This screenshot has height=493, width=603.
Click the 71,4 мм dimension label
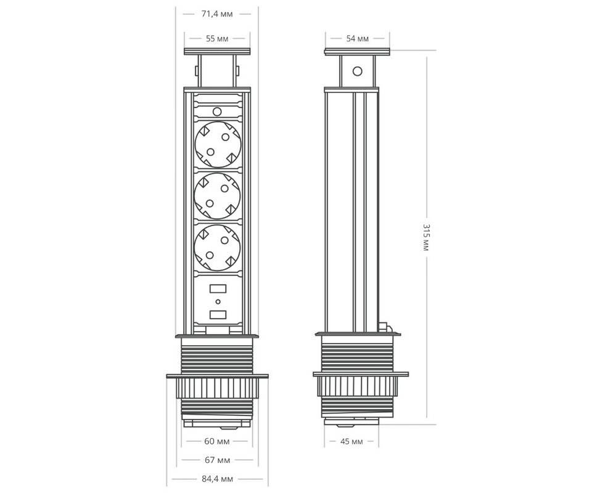pos(217,14)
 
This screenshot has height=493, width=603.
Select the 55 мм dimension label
pos(217,39)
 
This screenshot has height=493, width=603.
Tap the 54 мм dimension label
pos(357,39)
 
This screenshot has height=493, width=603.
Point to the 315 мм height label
pos(426,237)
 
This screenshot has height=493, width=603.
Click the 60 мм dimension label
pos(217,441)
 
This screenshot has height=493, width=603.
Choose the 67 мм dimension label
pos(217,460)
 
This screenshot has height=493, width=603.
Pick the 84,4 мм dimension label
pos(217,479)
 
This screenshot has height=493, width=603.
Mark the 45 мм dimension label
pos(351,441)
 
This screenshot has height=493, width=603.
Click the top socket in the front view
pos(218,144)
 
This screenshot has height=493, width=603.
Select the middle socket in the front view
pos(217,196)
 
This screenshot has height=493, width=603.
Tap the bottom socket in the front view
pos(217,248)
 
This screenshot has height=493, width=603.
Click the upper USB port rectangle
pos(218,288)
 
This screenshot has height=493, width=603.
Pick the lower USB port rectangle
pos(218,315)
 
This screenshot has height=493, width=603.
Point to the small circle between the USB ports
pos(218,302)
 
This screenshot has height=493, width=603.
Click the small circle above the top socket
pos(217,112)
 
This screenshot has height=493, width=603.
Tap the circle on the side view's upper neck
pos(357,71)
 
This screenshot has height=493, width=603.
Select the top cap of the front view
pos(217,52)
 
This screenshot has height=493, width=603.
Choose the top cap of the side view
pos(357,52)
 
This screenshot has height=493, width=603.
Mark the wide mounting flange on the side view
pos(361,374)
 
